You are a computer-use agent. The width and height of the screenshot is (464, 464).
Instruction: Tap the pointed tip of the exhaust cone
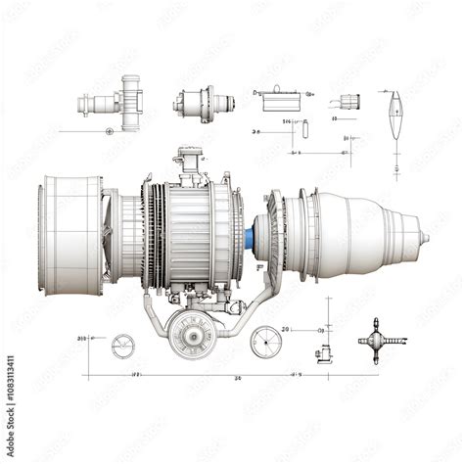click(x=427, y=237)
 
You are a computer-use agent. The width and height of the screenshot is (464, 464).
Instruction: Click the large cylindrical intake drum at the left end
click(x=71, y=235)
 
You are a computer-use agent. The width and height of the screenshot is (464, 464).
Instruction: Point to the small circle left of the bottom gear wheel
click(x=122, y=345)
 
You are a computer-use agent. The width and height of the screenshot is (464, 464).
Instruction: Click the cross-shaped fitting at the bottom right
click(x=381, y=339)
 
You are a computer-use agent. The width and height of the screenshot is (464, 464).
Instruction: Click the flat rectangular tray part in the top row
click(x=277, y=97)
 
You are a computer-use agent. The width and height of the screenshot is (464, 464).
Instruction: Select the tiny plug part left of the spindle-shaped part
click(x=350, y=100)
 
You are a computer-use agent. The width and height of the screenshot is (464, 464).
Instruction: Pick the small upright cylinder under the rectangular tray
click(x=305, y=128)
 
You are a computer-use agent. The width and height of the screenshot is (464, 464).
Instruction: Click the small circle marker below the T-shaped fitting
click(x=109, y=130)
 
